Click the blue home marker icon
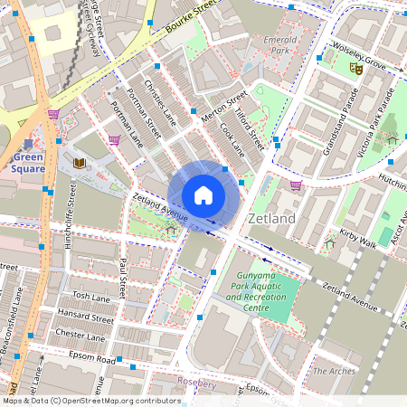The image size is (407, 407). point(203,194)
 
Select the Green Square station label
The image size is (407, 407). point(28,163)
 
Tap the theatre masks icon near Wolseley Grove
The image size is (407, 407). point(357,67)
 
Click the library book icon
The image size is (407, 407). point(80,163)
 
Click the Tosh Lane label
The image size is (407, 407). point(91,297)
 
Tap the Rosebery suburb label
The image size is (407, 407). point(199,382)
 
